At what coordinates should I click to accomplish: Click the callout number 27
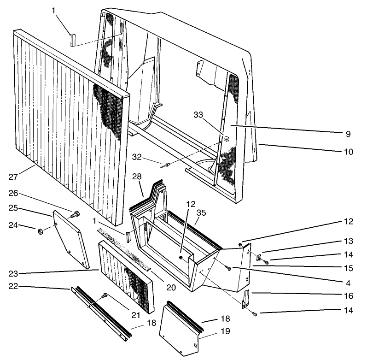click(13, 176)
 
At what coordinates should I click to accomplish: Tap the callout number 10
click(349, 151)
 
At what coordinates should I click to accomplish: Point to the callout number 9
click(349, 134)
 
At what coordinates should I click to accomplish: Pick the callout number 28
click(136, 177)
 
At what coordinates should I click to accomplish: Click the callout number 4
click(349, 282)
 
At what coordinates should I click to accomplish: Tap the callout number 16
click(349, 295)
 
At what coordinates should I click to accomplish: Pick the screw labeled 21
click(105, 295)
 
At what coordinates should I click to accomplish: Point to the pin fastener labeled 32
click(167, 164)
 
